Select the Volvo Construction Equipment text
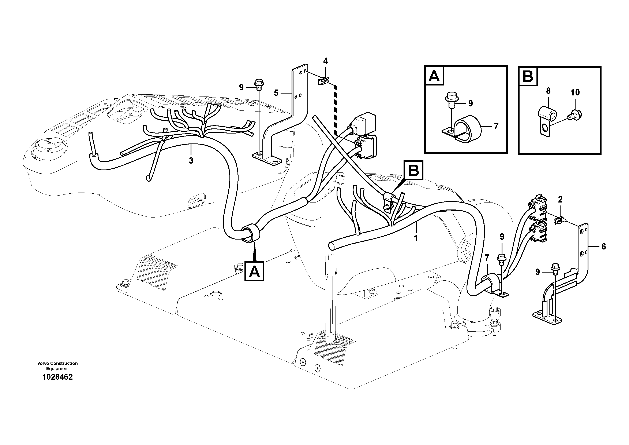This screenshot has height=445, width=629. [57, 366]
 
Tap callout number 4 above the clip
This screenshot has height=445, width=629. [325, 61]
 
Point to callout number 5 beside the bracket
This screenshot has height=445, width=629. [276, 93]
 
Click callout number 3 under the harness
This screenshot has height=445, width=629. [191, 160]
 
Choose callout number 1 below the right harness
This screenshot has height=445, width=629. [416, 238]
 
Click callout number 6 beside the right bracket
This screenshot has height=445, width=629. [603, 247]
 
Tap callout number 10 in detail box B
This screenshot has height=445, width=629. [575, 92]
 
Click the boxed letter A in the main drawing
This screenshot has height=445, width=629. [255, 272]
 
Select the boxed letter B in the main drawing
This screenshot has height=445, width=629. [414, 171]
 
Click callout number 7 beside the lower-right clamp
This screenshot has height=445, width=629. [487, 258]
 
